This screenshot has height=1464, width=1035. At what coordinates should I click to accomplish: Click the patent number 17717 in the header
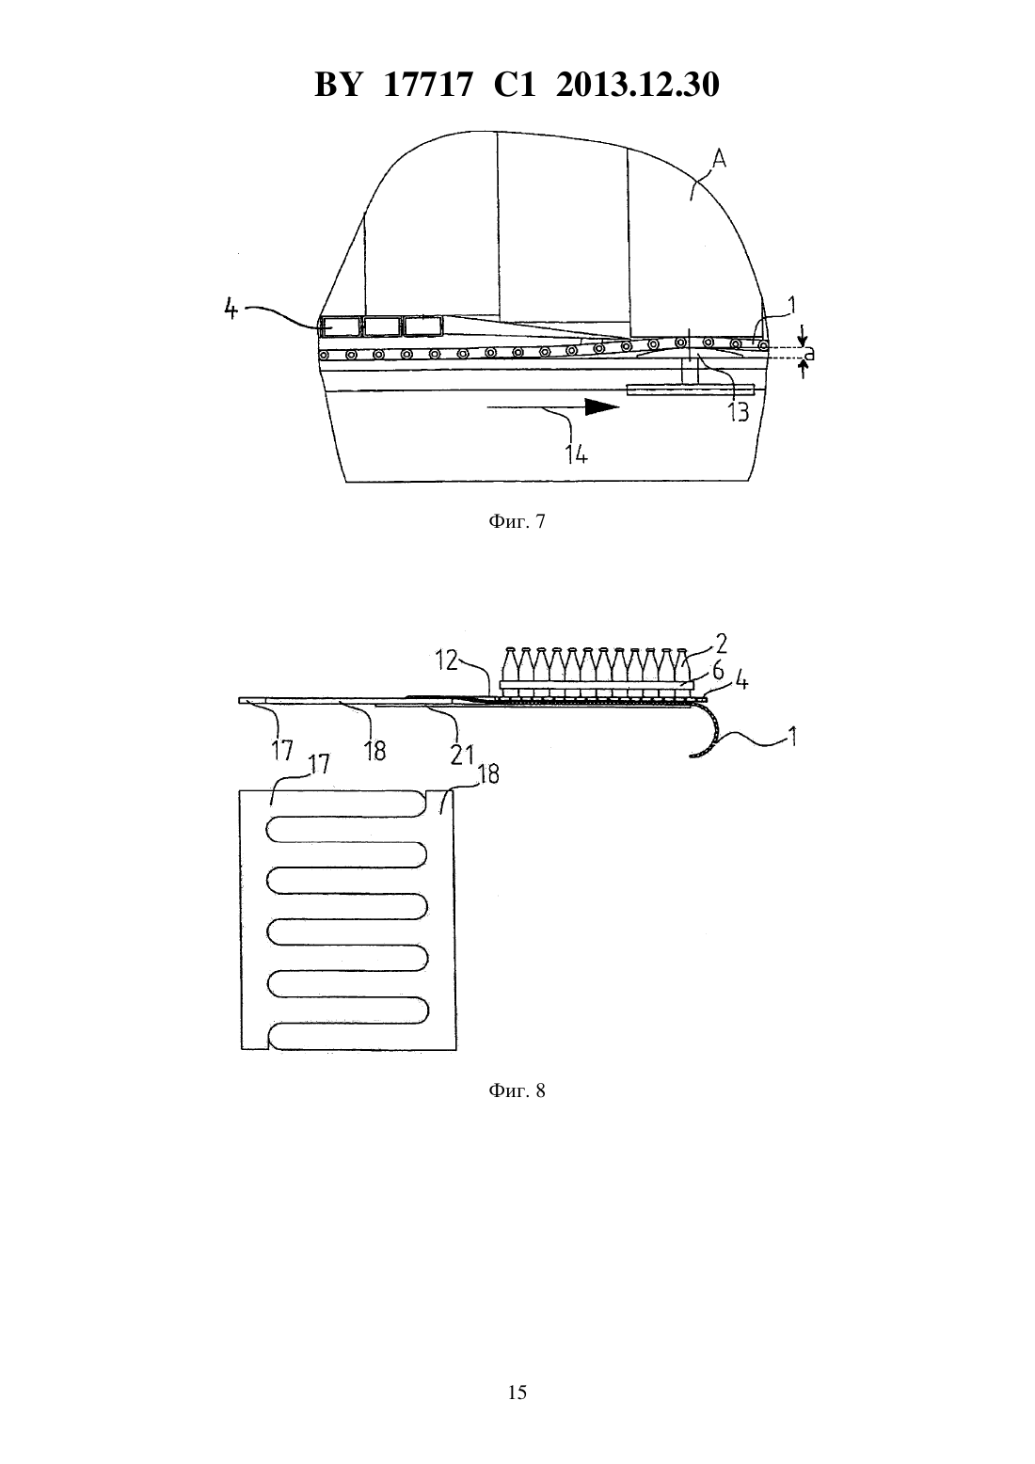tap(427, 85)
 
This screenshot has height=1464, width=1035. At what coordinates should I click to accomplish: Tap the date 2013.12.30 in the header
tap(638, 85)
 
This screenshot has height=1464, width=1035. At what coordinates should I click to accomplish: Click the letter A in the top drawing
tap(719, 158)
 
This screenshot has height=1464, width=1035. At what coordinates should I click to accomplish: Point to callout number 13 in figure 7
tap(739, 412)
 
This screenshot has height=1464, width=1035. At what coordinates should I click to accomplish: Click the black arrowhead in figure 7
tap(602, 407)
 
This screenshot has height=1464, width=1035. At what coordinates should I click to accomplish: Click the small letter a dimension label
tap(809, 354)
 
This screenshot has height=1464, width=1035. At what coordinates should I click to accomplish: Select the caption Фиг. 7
tap(517, 521)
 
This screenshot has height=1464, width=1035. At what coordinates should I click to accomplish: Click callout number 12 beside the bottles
tap(447, 660)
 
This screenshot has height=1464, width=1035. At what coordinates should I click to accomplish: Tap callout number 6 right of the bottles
tap(718, 670)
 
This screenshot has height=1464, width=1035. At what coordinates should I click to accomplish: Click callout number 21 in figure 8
tap(461, 755)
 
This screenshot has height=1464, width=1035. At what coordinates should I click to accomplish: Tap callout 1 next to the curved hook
tap(792, 738)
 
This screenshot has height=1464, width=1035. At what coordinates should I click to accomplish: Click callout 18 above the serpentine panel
tap(488, 774)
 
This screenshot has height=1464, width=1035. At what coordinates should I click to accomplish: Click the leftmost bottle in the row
tap(511, 668)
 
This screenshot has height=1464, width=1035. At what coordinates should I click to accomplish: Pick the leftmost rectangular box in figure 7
tap(340, 326)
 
